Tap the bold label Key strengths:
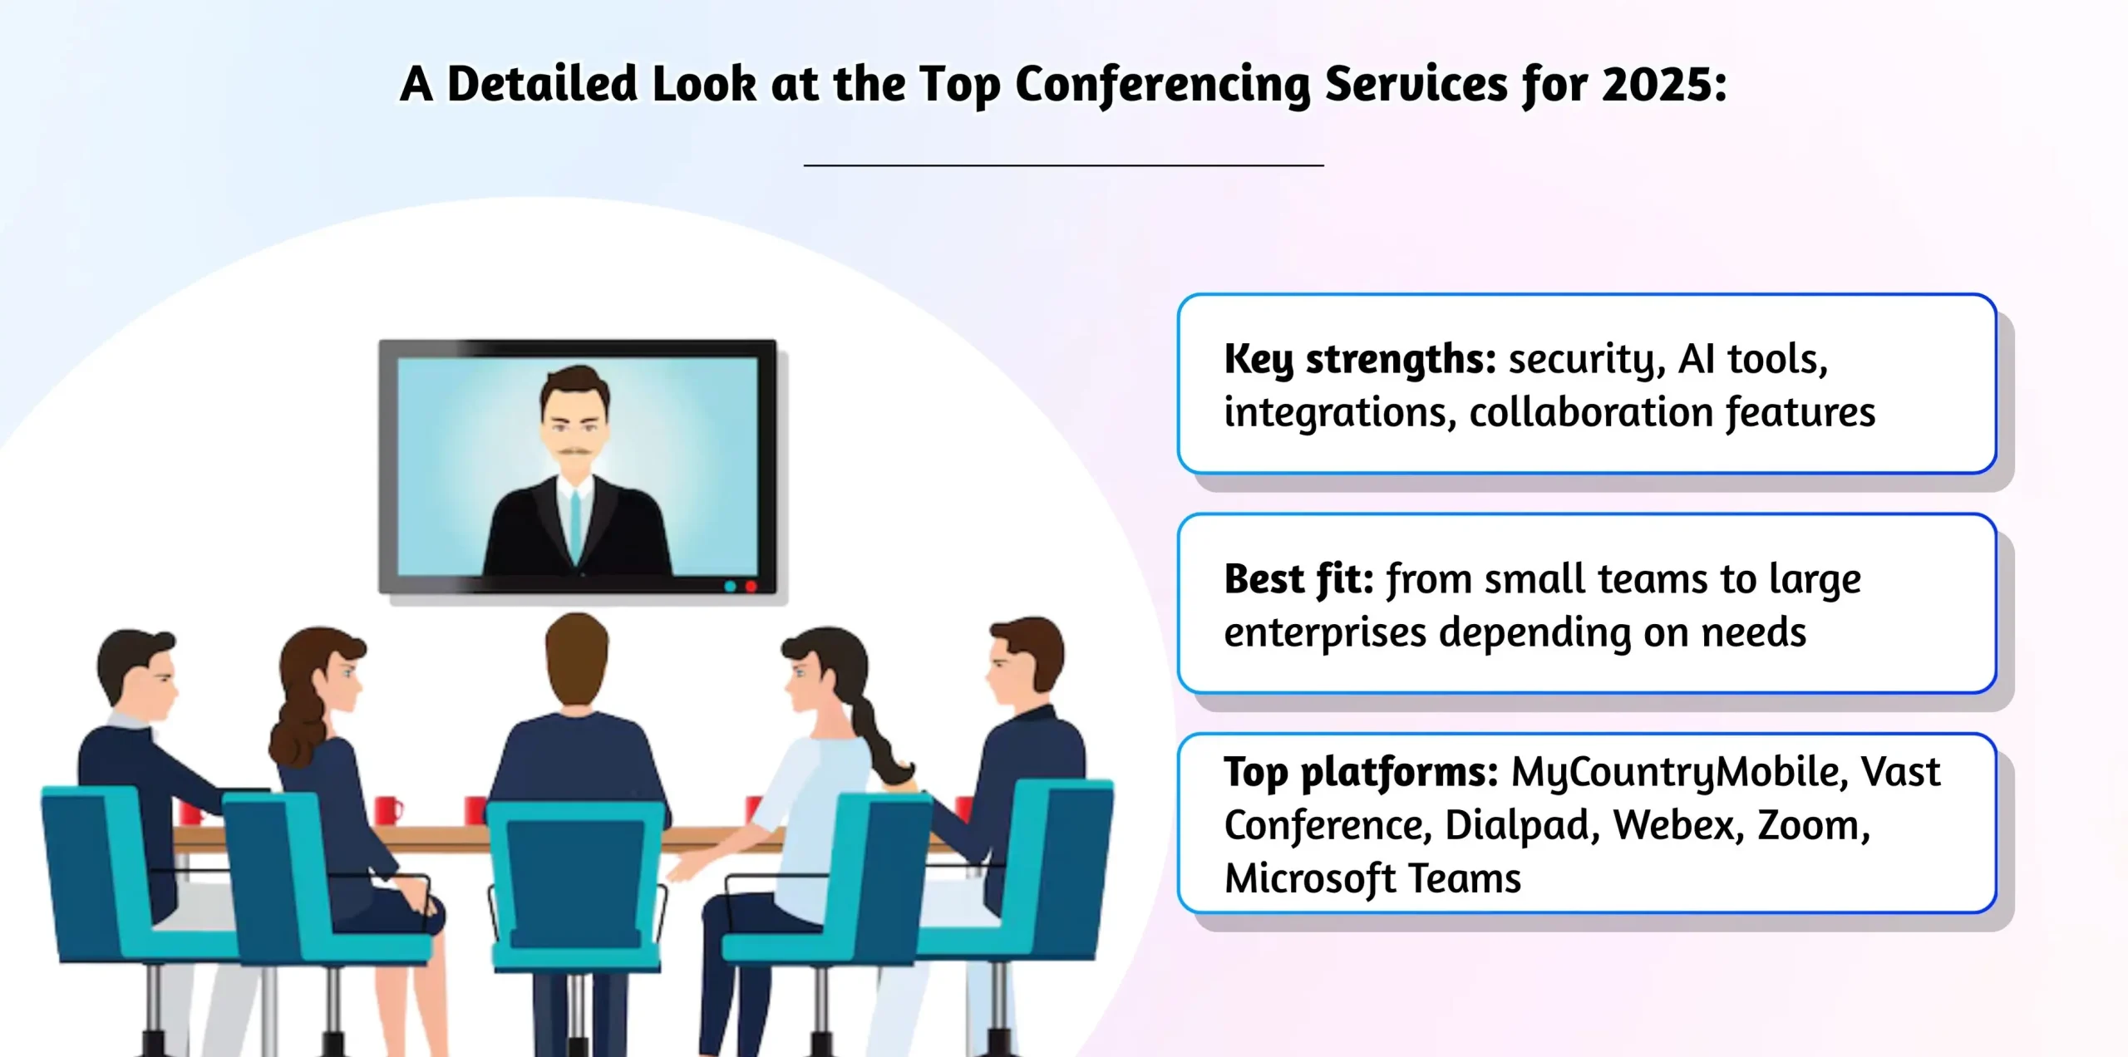pyautogui.click(x=1359, y=359)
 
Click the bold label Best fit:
pyautogui.click(x=1298, y=579)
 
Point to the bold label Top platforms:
pyautogui.click(x=1360, y=772)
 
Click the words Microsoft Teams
pyautogui.click(x=1372, y=878)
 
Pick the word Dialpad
pyautogui.click(x=1516, y=825)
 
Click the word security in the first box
pyautogui.click(x=1584, y=359)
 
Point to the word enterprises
pyautogui.click(x=1325, y=632)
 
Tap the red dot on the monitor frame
pyautogui.click(x=751, y=587)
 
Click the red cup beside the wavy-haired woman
pyautogui.click(x=387, y=809)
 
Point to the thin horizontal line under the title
pyautogui.click(x=1063, y=165)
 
